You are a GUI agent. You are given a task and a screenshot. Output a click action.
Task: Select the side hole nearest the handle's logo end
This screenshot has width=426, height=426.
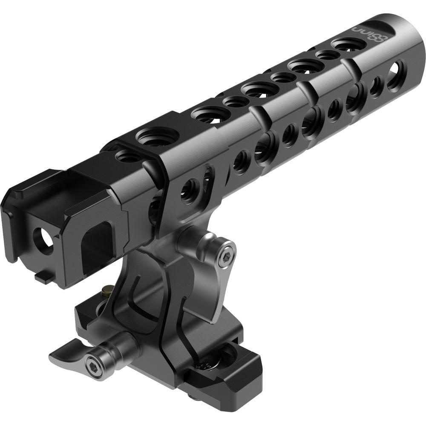click(397, 70)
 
